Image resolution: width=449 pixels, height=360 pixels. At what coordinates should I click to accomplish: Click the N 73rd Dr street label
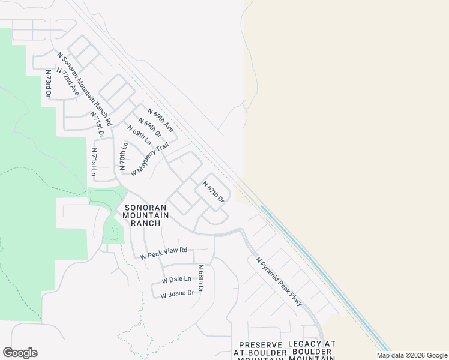click(x=49, y=83)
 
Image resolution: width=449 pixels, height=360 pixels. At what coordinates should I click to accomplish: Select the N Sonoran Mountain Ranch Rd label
click(x=85, y=80)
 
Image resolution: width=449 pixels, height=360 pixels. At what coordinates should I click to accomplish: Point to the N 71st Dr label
click(x=97, y=124)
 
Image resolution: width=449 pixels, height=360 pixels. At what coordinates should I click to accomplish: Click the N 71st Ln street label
click(x=94, y=161)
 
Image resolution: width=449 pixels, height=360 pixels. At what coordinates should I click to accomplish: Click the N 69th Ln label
click(x=139, y=134)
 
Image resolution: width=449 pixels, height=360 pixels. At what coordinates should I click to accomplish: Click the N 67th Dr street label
click(x=213, y=191)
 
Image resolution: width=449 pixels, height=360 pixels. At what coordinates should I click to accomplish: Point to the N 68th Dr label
click(x=201, y=279)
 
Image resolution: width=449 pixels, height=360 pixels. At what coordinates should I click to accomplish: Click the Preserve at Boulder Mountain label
click(x=260, y=350)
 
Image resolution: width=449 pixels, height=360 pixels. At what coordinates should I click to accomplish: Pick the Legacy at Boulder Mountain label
click(x=312, y=350)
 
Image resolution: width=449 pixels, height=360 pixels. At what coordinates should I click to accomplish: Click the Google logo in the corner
click(x=20, y=353)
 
